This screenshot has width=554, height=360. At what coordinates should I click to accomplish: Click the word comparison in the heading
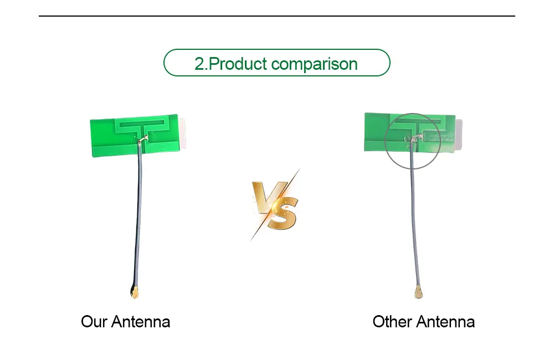tap(315, 65)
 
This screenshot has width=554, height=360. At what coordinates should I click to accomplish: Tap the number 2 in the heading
tap(199, 64)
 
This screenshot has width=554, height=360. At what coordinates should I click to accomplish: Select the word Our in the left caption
tap(94, 321)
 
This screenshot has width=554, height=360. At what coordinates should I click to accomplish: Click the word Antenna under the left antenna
tap(141, 321)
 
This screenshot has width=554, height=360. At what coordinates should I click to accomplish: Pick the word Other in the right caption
tap(392, 321)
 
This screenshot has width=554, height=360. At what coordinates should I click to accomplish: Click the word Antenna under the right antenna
tap(445, 321)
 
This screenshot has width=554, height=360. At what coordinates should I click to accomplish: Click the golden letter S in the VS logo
tap(283, 213)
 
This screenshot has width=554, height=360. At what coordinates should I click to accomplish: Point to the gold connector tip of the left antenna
tap(135, 292)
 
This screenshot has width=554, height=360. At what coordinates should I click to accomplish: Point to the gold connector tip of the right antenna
tap(418, 292)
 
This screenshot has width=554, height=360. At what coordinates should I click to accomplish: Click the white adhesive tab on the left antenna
tap(182, 133)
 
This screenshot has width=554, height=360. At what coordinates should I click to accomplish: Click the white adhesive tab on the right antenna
tap(458, 135)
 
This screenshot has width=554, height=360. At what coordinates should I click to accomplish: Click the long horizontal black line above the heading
tap(277, 16)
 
